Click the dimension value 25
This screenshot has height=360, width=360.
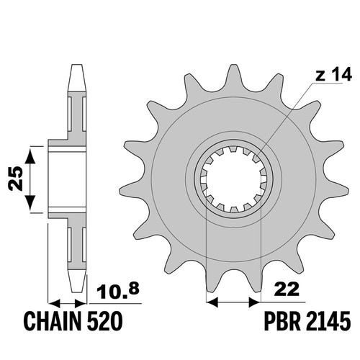[x=16, y=179]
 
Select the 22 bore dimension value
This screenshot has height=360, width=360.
[x=287, y=289]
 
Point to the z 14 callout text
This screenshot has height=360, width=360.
[x=334, y=74]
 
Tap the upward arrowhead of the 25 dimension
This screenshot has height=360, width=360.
[x=30, y=156]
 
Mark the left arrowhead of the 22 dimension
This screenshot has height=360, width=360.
[x=212, y=302]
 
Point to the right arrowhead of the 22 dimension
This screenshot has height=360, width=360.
[x=255, y=302]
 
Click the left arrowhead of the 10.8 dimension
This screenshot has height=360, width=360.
[x=54, y=303]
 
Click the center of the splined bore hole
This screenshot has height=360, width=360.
[x=233, y=179]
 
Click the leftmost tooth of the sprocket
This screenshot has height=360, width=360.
[x=131, y=191]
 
